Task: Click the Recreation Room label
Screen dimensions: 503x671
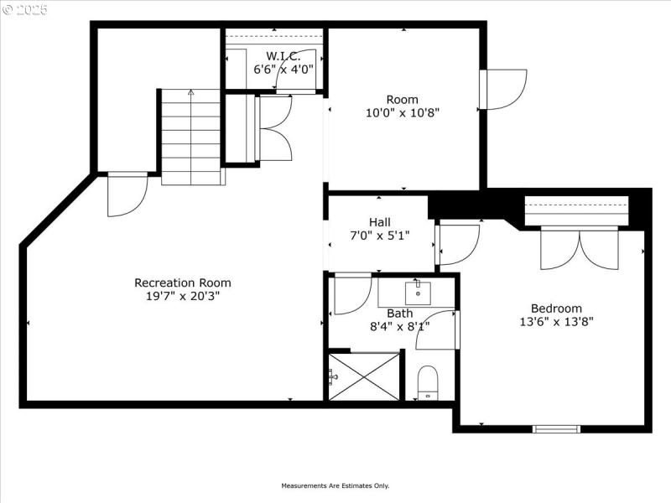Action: tap(183, 283)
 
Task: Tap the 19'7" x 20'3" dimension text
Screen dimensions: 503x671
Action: tap(183, 296)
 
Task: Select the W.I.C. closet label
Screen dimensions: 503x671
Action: tap(277, 56)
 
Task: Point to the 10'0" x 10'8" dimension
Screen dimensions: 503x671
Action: tap(403, 112)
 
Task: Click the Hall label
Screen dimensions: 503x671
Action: tap(380, 222)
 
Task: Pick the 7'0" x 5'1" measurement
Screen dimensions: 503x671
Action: tap(380, 236)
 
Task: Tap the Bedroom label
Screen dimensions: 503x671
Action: tap(556, 308)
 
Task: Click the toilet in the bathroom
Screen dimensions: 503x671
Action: tap(427, 383)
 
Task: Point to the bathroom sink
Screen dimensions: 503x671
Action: tap(417, 293)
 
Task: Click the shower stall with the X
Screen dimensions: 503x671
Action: tap(365, 376)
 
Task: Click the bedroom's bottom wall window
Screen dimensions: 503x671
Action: tap(556, 429)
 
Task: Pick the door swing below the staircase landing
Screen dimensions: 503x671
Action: tap(127, 194)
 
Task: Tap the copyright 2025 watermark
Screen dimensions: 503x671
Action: tap(25, 10)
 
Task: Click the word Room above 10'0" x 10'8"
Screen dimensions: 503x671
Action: tap(403, 100)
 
